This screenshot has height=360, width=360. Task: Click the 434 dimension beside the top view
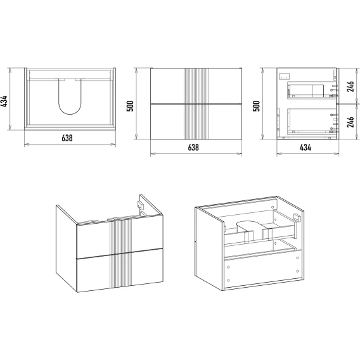point(4,101)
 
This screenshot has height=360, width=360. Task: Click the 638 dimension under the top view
point(67,138)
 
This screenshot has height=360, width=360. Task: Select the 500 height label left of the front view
point(130,106)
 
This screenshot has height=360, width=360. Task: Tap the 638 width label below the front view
point(193,148)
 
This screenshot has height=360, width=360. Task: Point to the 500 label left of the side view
point(256,106)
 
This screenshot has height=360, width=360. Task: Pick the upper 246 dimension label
point(350,86)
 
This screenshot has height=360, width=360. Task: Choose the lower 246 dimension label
point(350,122)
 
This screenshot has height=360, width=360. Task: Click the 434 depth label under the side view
point(305,148)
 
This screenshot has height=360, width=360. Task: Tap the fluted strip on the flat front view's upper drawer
point(196,86)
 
